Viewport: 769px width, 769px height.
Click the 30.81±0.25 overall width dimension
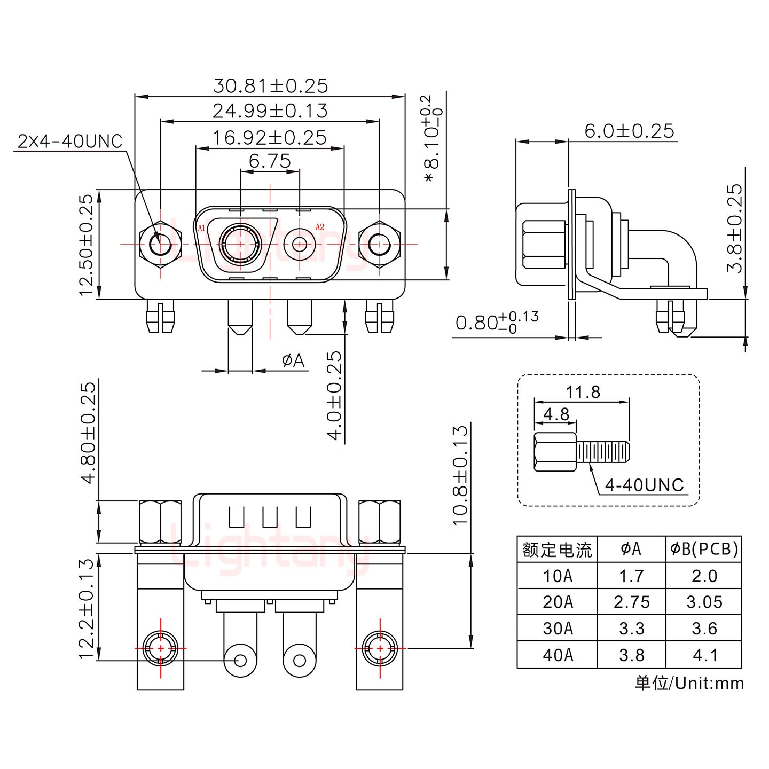(x=270, y=86)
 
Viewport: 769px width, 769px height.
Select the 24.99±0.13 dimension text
(x=270, y=111)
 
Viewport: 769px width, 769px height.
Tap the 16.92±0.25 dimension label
(x=270, y=138)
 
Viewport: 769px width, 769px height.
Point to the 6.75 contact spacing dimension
(x=270, y=161)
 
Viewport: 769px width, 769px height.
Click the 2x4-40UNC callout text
(x=70, y=142)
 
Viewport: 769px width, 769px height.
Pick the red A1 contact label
(x=201, y=228)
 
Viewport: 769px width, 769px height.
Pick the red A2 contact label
(x=320, y=227)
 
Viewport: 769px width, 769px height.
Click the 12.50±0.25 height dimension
(x=86, y=245)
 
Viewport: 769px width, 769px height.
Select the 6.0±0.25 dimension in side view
(x=629, y=131)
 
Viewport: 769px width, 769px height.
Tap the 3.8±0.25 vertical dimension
(x=735, y=228)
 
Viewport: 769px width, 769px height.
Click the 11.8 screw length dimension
(x=583, y=392)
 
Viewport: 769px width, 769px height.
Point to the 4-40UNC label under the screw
(x=644, y=485)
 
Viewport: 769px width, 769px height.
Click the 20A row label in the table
(x=558, y=602)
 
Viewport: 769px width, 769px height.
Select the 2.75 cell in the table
(x=632, y=602)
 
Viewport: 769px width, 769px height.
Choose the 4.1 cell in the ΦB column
(x=704, y=655)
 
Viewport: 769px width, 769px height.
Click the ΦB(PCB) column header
(x=704, y=549)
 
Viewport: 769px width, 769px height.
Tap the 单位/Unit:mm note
(x=689, y=683)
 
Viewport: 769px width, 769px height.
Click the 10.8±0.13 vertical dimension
(x=460, y=475)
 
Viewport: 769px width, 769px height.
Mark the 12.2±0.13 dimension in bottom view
(x=86, y=609)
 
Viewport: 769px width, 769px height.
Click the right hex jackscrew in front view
(x=379, y=245)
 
